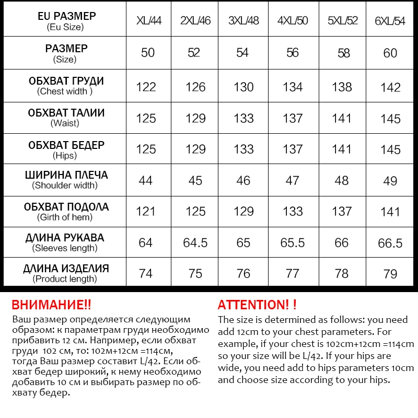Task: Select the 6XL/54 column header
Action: tap(390, 21)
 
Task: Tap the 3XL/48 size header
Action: tap(243, 21)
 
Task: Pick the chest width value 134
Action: tap(293, 87)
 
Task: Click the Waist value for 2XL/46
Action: tap(195, 118)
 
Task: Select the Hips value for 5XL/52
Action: tap(342, 149)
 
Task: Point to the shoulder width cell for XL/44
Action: tap(146, 180)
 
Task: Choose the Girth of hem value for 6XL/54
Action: tap(390, 212)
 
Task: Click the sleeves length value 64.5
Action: tap(195, 242)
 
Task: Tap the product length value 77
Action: tap(293, 274)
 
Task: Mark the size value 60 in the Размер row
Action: tap(390, 53)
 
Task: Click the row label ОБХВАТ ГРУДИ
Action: tap(66, 82)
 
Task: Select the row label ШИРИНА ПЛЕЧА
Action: tap(66, 175)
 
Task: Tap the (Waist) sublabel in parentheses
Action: tap(65, 123)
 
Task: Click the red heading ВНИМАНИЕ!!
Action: tap(51, 305)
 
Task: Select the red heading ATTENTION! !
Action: tap(257, 305)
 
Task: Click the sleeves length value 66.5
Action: tap(390, 242)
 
